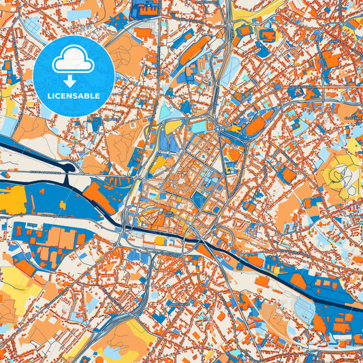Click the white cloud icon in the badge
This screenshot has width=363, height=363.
tap(74, 62)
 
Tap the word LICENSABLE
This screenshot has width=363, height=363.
tap(74, 96)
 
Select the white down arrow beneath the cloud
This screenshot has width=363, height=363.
tap(74, 80)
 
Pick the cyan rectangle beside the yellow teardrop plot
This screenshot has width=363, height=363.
tap(198, 127)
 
